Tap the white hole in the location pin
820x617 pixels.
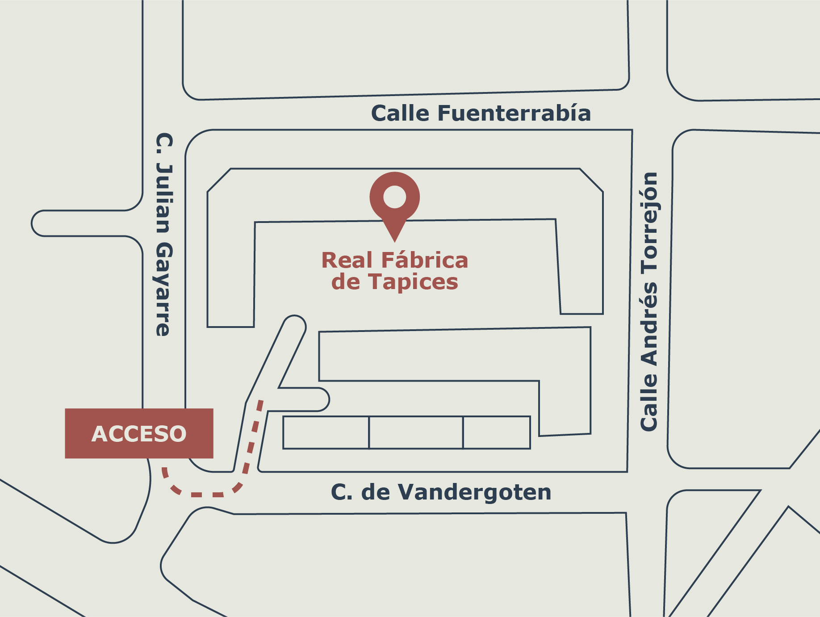click(x=394, y=197)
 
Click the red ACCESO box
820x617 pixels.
click(x=139, y=433)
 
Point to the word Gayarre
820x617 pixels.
click(x=163, y=290)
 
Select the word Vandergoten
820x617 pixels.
click(x=474, y=492)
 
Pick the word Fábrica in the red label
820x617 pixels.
click(x=425, y=260)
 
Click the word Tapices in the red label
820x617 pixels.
click(x=413, y=282)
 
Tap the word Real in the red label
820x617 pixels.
click(x=347, y=260)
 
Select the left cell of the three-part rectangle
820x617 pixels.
click(x=326, y=432)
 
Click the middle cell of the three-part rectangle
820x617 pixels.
click(x=416, y=432)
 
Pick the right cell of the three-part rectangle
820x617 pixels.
click(x=497, y=432)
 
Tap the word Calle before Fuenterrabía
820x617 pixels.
click(x=401, y=113)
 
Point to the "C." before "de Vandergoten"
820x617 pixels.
click(x=342, y=492)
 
